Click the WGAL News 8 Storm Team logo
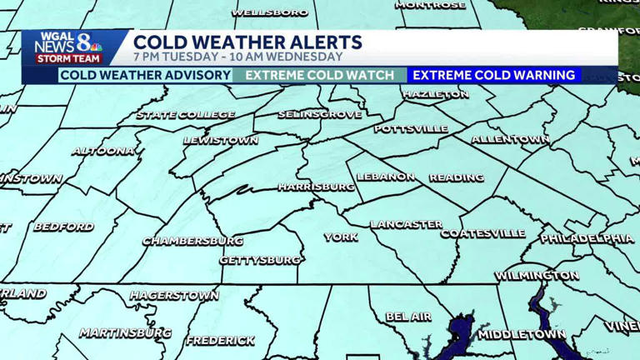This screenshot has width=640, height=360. pyautogui.click(x=68, y=48)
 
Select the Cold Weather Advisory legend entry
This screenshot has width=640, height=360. pyautogui.click(x=145, y=75)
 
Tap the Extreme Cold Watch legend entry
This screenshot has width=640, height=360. pyautogui.click(x=320, y=75)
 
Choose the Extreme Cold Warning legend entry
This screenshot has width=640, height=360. pyautogui.click(x=494, y=75)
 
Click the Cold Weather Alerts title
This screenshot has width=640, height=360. pyautogui.click(x=247, y=42)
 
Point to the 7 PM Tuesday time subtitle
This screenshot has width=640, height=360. pyautogui.click(x=237, y=57)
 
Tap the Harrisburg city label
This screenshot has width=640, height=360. pyautogui.click(x=316, y=187)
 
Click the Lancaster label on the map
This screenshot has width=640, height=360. pyautogui.click(x=406, y=224)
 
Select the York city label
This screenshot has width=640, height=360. pyautogui.click(x=340, y=237)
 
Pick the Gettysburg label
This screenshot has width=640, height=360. pyautogui.click(x=260, y=260)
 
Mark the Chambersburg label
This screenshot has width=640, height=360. pyautogui.click(x=192, y=241)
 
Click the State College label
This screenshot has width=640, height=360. pyautogui.click(x=185, y=115)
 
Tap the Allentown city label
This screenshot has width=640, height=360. pyautogui.click(x=510, y=139)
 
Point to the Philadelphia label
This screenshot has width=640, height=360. pyautogui.click(x=587, y=239)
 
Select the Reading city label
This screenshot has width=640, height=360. pyautogui.click(x=456, y=177)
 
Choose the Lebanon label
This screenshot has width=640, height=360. pyautogui.click(x=386, y=177)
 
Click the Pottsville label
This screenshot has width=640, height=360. pyautogui.click(x=411, y=129)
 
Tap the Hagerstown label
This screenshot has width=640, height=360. pyautogui.click(x=173, y=296)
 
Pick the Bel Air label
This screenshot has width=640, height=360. pyautogui.click(x=408, y=317)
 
